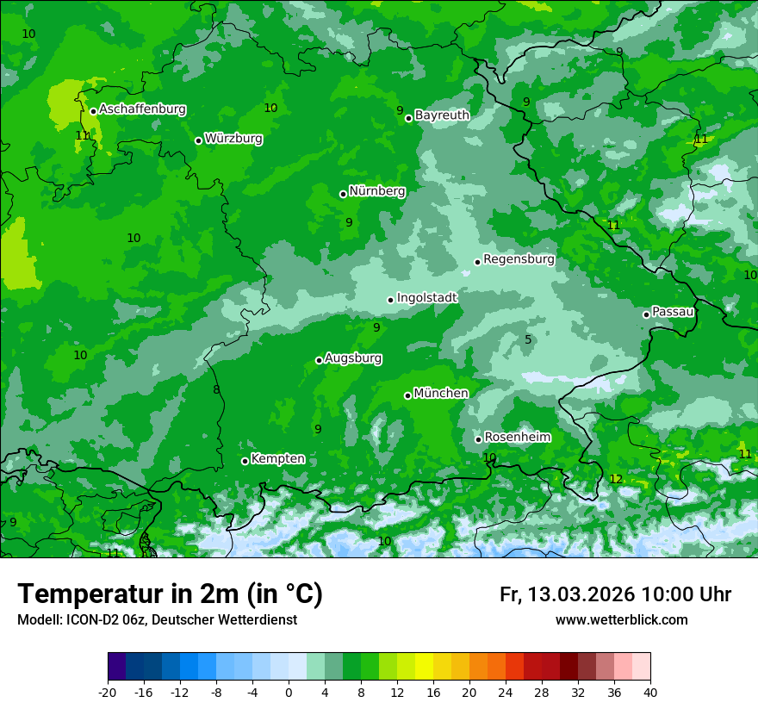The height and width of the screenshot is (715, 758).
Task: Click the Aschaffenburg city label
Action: coord(142,109)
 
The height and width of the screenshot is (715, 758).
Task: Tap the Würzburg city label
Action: coord(233,139)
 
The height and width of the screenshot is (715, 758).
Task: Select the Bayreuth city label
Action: coord(442,115)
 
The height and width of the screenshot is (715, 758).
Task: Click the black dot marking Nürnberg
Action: coord(343,194)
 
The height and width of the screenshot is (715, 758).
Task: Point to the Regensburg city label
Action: coord(519,259)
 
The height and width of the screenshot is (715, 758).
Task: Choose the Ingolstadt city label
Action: coord(426,298)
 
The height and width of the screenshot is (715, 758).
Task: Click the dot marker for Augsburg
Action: coord(319,360)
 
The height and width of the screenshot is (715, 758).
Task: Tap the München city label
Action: coord(441,394)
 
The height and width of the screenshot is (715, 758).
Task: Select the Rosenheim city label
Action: coord(517,438)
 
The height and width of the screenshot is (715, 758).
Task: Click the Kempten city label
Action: coord(277,459)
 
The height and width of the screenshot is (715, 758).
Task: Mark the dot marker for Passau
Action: coord(646,314)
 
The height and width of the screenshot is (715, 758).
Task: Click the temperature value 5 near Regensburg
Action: coord(528,339)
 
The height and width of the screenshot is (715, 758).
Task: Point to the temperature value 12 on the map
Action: coord(616,479)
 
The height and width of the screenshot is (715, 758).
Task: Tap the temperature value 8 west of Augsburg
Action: coord(216,390)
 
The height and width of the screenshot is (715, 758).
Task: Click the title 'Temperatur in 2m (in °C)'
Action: coord(170,594)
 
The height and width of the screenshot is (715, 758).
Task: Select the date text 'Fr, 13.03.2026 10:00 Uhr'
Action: coord(615,594)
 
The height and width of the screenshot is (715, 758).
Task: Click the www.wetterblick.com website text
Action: coord(621,620)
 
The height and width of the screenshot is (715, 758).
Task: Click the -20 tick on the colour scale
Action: coord(108,693)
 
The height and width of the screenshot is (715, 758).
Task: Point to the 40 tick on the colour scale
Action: coord(650,693)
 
